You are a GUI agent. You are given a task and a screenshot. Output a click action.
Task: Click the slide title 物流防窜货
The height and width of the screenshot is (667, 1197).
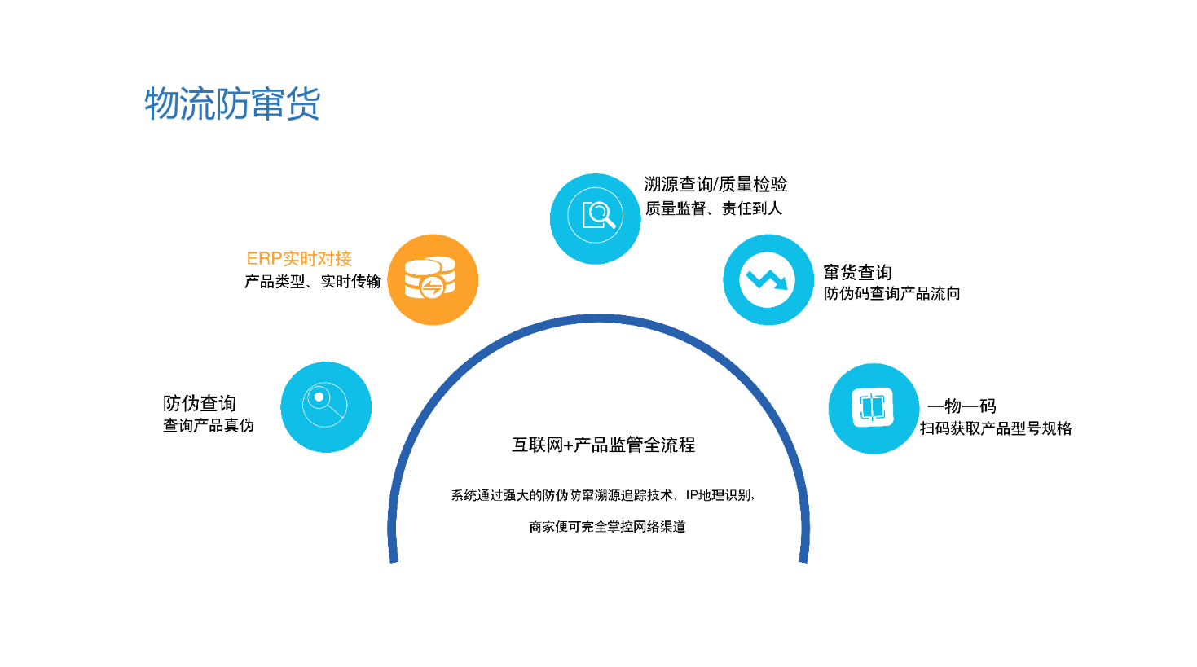[232, 103]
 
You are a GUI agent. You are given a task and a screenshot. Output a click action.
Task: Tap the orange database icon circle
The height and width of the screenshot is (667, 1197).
[433, 280]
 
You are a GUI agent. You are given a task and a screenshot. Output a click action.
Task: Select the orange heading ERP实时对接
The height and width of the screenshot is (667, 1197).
[299, 259]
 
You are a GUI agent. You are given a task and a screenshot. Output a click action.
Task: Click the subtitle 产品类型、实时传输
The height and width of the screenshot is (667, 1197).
[313, 282]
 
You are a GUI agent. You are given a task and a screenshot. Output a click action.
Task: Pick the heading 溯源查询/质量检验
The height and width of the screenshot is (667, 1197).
[715, 184]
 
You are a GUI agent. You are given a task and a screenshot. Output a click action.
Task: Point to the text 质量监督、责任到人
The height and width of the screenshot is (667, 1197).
[714, 208]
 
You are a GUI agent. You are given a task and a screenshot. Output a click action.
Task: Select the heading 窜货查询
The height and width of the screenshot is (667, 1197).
[858, 272]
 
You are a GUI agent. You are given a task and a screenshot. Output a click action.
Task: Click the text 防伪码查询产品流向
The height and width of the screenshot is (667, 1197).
[892, 294]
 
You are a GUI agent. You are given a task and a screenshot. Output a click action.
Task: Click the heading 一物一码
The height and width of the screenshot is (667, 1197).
[962, 406]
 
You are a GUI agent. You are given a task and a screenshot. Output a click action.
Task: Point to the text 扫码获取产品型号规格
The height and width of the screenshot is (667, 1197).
[996, 428]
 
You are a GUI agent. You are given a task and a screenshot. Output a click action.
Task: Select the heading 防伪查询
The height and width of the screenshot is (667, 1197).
[200, 403]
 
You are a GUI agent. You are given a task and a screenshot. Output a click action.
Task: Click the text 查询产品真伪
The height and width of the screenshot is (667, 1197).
[209, 426]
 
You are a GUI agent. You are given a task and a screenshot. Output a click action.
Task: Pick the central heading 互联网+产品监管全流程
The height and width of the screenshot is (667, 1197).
[603, 445]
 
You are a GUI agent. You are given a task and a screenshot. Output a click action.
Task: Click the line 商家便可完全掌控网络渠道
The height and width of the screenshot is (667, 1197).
[607, 527]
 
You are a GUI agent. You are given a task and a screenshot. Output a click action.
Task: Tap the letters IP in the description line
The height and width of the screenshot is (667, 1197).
[693, 496]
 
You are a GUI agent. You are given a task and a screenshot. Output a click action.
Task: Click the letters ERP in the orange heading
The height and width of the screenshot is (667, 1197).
[264, 259]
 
